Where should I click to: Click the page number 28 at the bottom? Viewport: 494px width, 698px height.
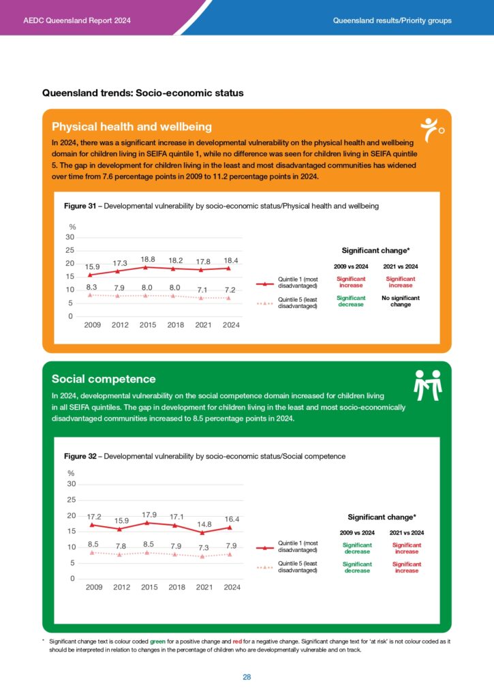click(x=247, y=677)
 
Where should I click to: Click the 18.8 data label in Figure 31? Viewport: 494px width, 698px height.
click(x=148, y=259)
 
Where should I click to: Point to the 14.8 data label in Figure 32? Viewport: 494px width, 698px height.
click(x=204, y=523)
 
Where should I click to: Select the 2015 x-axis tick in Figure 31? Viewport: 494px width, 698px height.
click(x=148, y=325)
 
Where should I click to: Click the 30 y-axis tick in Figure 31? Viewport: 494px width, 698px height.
click(x=70, y=237)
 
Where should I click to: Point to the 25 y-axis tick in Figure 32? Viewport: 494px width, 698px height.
click(x=71, y=500)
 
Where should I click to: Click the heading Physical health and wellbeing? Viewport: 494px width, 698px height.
click(x=132, y=127)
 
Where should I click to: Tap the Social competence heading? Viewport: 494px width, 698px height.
click(x=104, y=379)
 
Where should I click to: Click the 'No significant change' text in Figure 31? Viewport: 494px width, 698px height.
click(x=401, y=301)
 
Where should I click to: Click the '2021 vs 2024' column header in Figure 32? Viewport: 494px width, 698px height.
click(x=406, y=532)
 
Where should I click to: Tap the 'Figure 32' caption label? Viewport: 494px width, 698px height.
click(x=80, y=456)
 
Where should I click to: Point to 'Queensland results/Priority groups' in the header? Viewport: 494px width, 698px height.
click(x=392, y=20)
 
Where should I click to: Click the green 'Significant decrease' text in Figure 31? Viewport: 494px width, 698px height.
click(x=351, y=301)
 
